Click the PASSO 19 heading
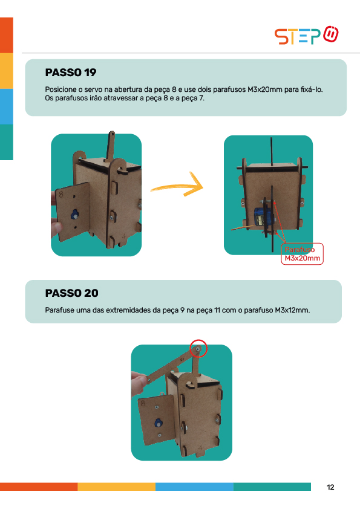pyautogui.click(x=71, y=73)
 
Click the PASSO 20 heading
pyautogui.click(x=71, y=293)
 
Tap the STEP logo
pyautogui.click(x=306, y=35)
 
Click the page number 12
pyautogui.click(x=330, y=487)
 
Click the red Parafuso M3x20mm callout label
pyautogui.click(x=302, y=254)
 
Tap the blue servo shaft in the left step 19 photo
pyautogui.click(x=75, y=214)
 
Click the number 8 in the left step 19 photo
pyautogui.click(x=61, y=194)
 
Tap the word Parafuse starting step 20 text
pyautogui.click(x=59, y=310)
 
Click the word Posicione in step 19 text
pyautogui.click(x=61, y=89)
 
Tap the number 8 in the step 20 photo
pyautogui.click(x=143, y=403)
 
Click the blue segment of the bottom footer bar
pyautogui.click(x=194, y=487)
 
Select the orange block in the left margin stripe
pyautogui.click(x=7, y=35)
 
